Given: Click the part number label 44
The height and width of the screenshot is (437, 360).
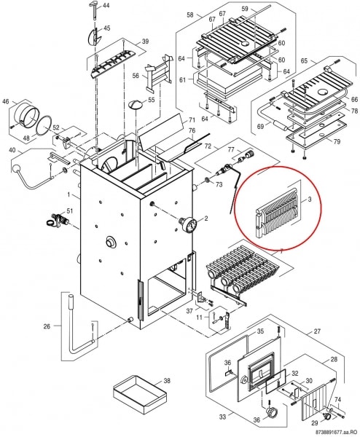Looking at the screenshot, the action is (x=106, y=5).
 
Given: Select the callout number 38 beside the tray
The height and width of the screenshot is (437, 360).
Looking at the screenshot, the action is (x=167, y=380).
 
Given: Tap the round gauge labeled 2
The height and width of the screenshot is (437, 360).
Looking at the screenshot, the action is (x=190, y=224).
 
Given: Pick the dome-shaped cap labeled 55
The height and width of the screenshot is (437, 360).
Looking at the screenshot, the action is (x=136, y=104).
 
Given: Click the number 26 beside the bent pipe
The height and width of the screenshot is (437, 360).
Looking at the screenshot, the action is (x=47, y=326).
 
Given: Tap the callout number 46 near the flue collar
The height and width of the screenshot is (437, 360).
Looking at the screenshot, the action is (x=6, y=101).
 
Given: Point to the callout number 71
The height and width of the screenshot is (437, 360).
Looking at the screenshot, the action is (x=192, y=120).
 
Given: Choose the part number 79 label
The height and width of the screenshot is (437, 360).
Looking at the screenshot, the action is (x=337, y=141).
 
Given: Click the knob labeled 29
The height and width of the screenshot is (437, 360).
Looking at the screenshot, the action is (x=326, y=416).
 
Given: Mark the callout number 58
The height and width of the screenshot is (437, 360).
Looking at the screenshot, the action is (x=190, y=15).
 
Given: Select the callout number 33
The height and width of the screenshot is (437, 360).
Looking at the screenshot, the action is (x=222, y=417).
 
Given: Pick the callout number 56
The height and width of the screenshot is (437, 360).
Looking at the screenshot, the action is (x=136, y=76).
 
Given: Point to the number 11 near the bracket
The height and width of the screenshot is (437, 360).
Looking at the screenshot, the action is (x=199, y=317).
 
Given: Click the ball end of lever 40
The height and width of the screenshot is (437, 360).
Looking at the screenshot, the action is (x=16, y=169).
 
